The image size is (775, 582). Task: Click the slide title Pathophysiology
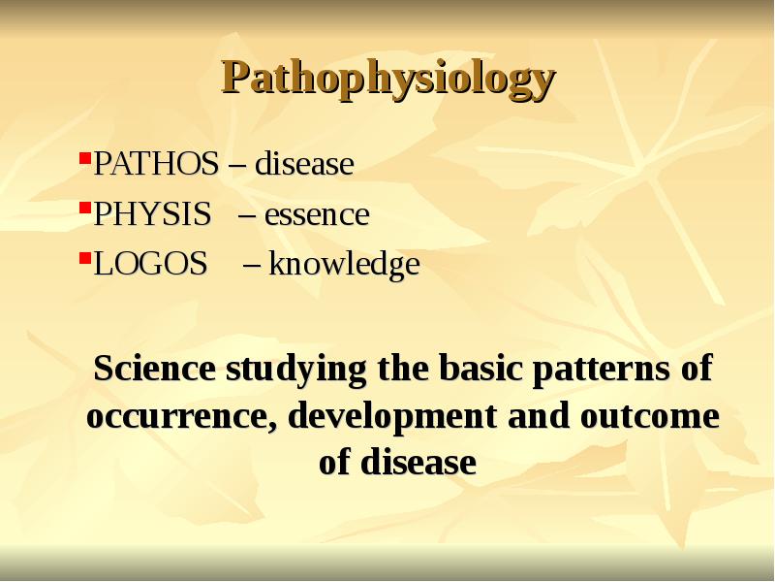(x=388, y=78)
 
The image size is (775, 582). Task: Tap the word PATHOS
(x=155, y=165)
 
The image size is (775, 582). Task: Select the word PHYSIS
(x=151, y=214)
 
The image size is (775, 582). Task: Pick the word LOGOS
(x=150, y=264)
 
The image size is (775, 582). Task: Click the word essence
(x=317, y=214)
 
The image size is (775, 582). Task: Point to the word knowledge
(x=344, y=264)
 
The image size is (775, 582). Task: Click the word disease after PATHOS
(x=304, y=165)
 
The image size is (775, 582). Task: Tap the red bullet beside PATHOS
(x=84, y=156)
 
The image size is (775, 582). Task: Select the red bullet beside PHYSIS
(x=84, y=206)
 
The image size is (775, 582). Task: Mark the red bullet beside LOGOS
(x=84, y=255)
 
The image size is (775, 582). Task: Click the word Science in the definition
(x=154, y=369)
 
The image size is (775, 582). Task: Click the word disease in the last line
(x=417, y=463)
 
